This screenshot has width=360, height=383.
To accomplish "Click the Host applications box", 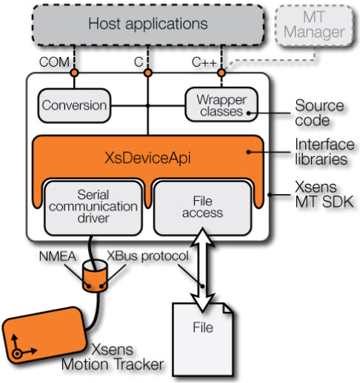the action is (148, 24).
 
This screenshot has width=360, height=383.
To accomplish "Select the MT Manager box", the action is (314, 26).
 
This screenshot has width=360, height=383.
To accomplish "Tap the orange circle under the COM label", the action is (74, 73).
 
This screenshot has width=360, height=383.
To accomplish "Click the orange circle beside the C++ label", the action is (221, 73).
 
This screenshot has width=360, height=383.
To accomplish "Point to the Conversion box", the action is (74, 105).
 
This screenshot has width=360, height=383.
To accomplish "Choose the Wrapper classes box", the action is (221, 104).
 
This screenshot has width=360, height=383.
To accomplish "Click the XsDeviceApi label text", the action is (147, 158).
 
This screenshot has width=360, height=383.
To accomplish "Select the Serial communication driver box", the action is (93, 207).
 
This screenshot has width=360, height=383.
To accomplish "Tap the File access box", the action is (202, 207).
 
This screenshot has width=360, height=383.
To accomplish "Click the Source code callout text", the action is (319, 113).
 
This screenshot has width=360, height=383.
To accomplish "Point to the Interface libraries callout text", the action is (324, 152).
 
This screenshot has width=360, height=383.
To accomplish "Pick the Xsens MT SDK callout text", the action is (324, 194).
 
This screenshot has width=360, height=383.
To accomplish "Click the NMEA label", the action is (57, 256).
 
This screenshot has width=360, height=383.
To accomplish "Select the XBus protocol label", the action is (147, 256).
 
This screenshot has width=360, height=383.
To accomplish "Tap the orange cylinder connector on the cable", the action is (95, 276).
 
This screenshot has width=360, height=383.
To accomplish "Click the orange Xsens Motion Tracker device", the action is (44, 335).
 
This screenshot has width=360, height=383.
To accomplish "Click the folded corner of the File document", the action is (227, 308).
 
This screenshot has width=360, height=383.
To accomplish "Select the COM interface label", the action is (54, 62).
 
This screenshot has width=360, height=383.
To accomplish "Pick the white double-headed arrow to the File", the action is (202, 270).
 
